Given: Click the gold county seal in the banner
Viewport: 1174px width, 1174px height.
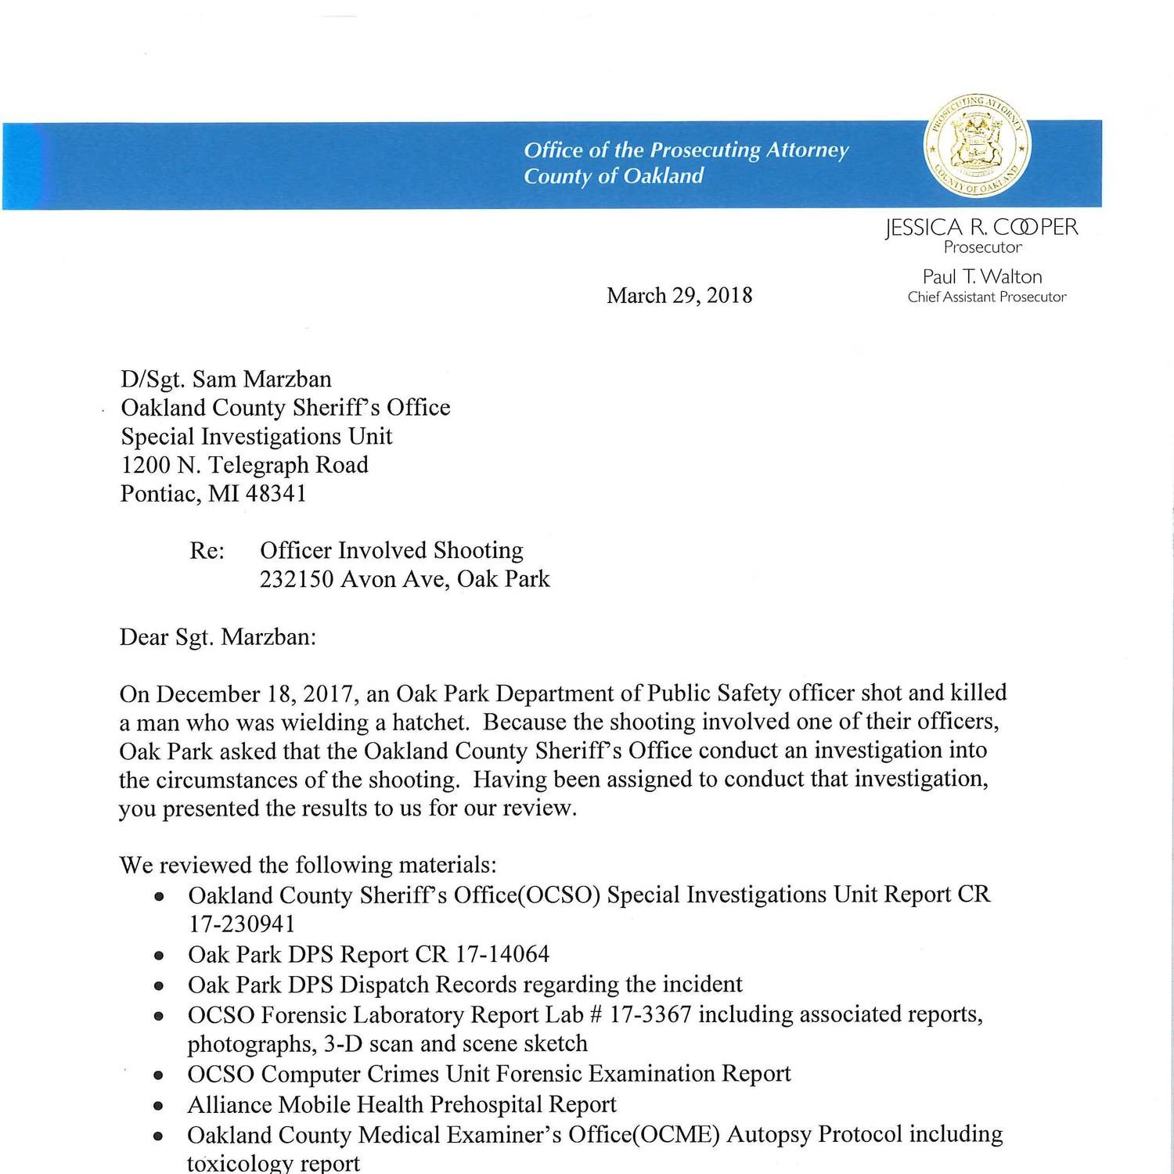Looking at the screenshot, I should click(x=978, y=147).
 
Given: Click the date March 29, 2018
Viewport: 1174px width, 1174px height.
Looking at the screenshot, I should click(x=679, y=295).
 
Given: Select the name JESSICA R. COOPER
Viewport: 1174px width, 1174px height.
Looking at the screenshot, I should click(x=981, y=227).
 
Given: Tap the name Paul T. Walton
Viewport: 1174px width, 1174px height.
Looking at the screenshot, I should click(x=981, y=276).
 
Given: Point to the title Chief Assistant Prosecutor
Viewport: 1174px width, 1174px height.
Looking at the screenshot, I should click(x=986, y=297).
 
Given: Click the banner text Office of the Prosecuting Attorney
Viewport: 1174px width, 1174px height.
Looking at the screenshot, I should click(x=686, y=149).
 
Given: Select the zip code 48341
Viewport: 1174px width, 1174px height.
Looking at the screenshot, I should click(x=276, y=494).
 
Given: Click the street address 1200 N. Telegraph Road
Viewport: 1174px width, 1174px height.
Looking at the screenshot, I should click(x=244, y=465).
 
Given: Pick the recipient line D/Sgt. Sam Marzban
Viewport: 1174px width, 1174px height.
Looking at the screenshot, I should click(x=225, y=379).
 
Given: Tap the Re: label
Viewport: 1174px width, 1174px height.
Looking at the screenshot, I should click(x=207, y=551).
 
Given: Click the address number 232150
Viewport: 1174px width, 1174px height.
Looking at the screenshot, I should click(x=297, y=579).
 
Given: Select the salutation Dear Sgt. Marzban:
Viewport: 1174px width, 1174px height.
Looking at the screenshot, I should click(x=218, y=636).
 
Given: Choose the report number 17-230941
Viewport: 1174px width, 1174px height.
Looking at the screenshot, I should click(x=241, y=924).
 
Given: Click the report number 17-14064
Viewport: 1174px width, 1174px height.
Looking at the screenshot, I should click(x=502, y=954).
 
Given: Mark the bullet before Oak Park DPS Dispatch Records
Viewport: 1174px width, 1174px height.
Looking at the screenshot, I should click(x=160, y=986).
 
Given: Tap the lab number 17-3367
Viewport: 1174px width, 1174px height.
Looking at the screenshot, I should click(x=650, y=1014).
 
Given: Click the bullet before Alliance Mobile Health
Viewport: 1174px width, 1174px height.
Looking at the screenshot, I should click(x=160, y=1107).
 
